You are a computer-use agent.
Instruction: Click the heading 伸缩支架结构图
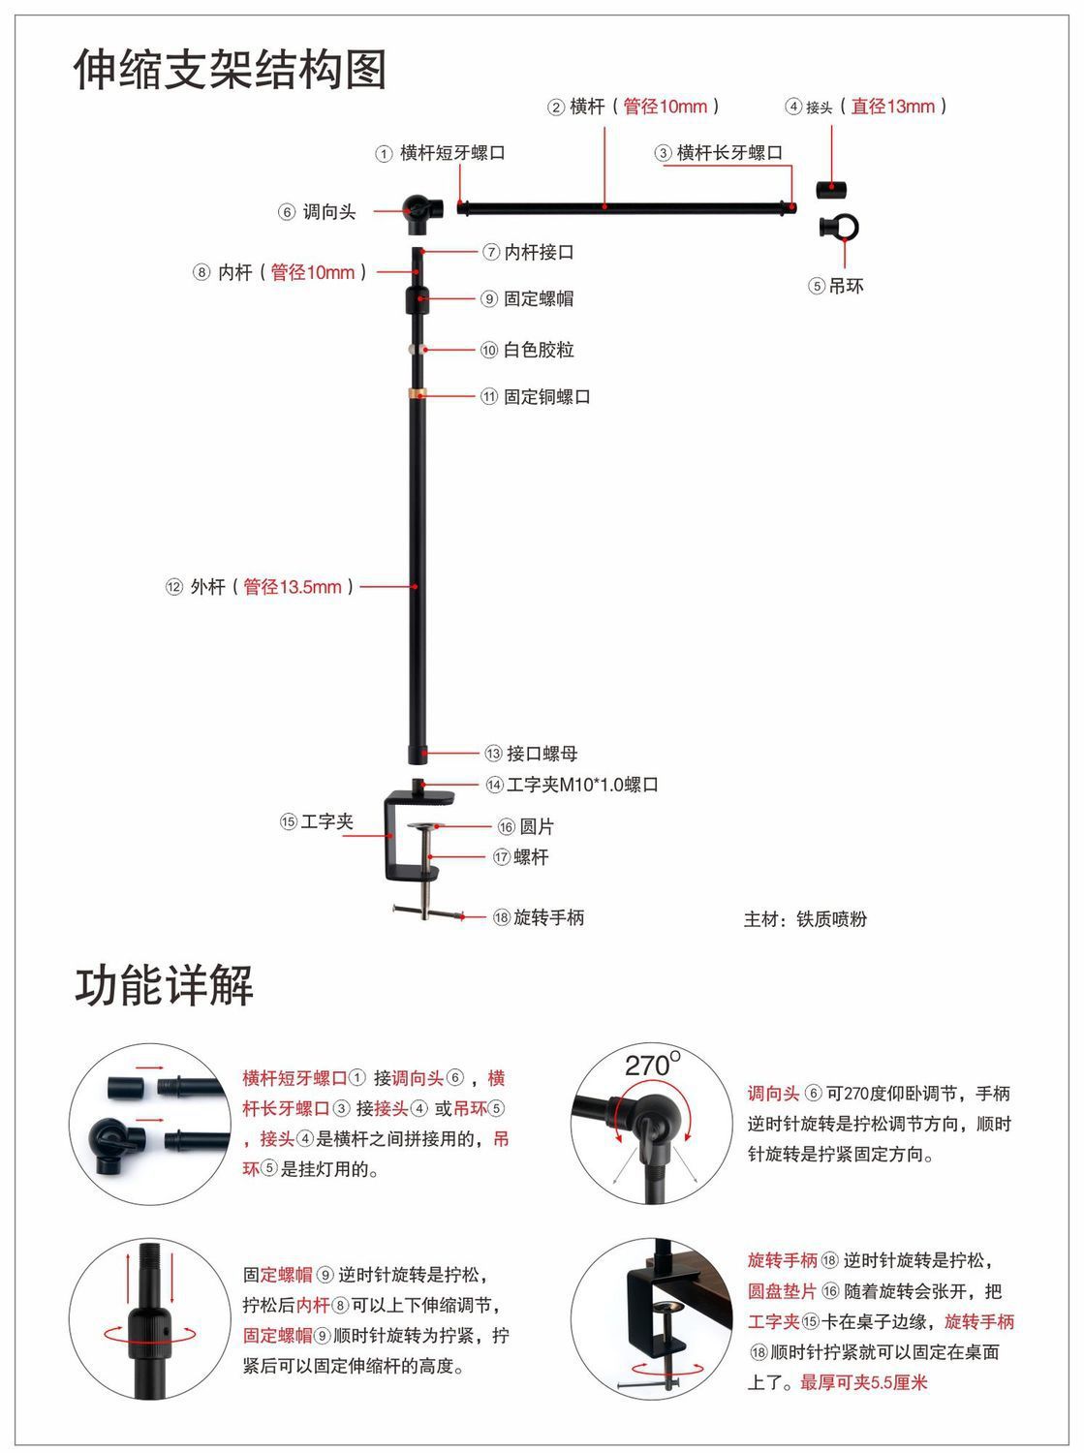231,70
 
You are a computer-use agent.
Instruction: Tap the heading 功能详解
165,985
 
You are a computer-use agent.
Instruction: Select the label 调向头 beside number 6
329,212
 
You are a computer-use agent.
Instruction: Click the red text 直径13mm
893,107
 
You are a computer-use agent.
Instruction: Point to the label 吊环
846,286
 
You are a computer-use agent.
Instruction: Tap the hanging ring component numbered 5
839,229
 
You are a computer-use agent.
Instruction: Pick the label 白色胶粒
539,350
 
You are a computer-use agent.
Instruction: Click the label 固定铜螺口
547,397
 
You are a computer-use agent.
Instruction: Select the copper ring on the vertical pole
418,393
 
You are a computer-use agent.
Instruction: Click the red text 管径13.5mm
293,587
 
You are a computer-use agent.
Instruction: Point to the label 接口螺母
542,754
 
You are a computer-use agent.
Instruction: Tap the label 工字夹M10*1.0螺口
581,785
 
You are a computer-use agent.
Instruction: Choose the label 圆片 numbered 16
537,826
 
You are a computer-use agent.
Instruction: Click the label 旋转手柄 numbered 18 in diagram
548,917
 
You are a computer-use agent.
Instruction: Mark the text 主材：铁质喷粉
805,919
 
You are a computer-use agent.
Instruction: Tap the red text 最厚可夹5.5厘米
864,1382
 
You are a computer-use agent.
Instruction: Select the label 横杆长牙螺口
729,153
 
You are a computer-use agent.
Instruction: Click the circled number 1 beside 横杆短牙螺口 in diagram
385,154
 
